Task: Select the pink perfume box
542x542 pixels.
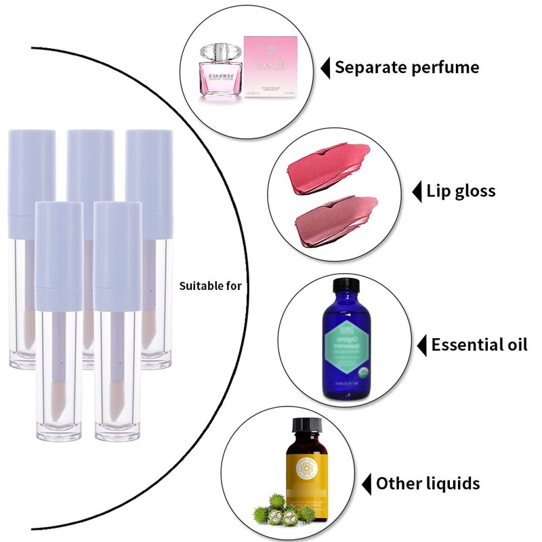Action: pyautogui.click(x=271, y=68)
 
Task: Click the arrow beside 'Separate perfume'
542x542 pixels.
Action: pyautogui.click(x=325, y=68)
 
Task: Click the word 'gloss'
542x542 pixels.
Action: pyautogui.click(x=471, y=191)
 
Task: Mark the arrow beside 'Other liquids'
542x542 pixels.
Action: pyautogui.click(x=367, y=484)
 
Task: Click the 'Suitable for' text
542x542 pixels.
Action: pyautogui.click(x=210, y=286)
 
